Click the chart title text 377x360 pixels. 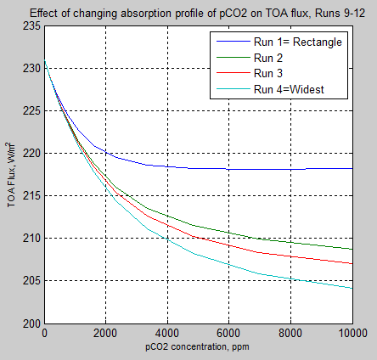(x=198, y=13)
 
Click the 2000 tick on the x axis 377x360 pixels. (x=106, y=334)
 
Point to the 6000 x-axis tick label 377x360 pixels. (x=229, y=334)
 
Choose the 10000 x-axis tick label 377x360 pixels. (x=350, y=334)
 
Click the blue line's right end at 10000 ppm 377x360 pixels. (x=352, y=168)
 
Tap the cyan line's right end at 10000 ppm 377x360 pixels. (x=352, y=289)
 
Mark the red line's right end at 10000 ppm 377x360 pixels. (x=352, y=263)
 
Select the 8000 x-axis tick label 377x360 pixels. (x=290, y=334)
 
